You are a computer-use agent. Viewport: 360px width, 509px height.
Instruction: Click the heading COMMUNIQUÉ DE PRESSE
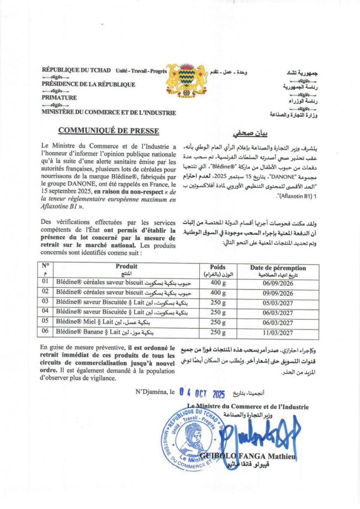pyautogui.click(x=109, y=131)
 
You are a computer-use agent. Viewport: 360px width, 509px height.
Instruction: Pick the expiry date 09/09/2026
pyautogui.click(x=275, y=293)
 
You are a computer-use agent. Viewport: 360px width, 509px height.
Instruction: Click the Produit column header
pyautogui.click(x=126, y=267)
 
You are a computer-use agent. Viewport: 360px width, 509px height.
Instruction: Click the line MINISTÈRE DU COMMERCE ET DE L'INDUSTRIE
pyautogui.click(x=109, y=113)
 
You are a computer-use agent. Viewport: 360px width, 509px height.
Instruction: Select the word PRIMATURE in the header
pyautogui.click(x=59, y=98)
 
